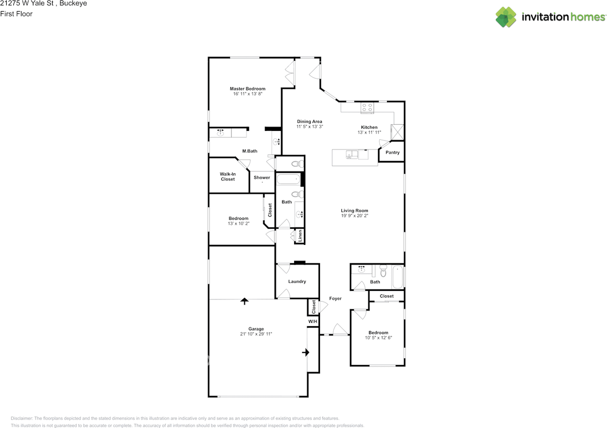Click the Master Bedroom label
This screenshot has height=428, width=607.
tap(248, 89)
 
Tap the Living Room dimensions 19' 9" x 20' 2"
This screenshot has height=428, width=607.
tap(354, 215)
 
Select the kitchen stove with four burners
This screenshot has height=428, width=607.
tap(367, 107)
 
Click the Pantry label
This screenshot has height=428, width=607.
tap(392, 152)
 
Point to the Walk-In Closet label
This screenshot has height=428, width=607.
tap(228, 177)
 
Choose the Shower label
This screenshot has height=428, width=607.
tap(262, 177)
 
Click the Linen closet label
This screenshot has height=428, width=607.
tap(300, 236)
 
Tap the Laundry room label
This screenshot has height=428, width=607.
tap(297, 281)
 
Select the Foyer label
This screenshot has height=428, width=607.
tap(335, 298)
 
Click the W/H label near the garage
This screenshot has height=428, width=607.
tap(313, 321)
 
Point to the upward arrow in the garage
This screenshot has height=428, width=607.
tap(244, 301)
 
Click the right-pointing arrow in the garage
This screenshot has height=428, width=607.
tap(306, 353)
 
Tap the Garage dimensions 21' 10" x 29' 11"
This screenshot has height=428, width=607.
tap(256, 334)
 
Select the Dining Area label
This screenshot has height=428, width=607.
tap(310, 121)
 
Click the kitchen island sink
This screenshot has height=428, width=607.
tap(352, 155)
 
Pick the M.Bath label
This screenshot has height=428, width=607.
tap(249, 151)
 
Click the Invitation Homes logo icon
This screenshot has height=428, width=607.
tap(506, 17)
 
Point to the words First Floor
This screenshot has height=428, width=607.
tap(16, 14)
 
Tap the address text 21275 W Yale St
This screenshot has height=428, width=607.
tap(27, 3)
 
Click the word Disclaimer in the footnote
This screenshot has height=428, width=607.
tap(22, 418)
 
